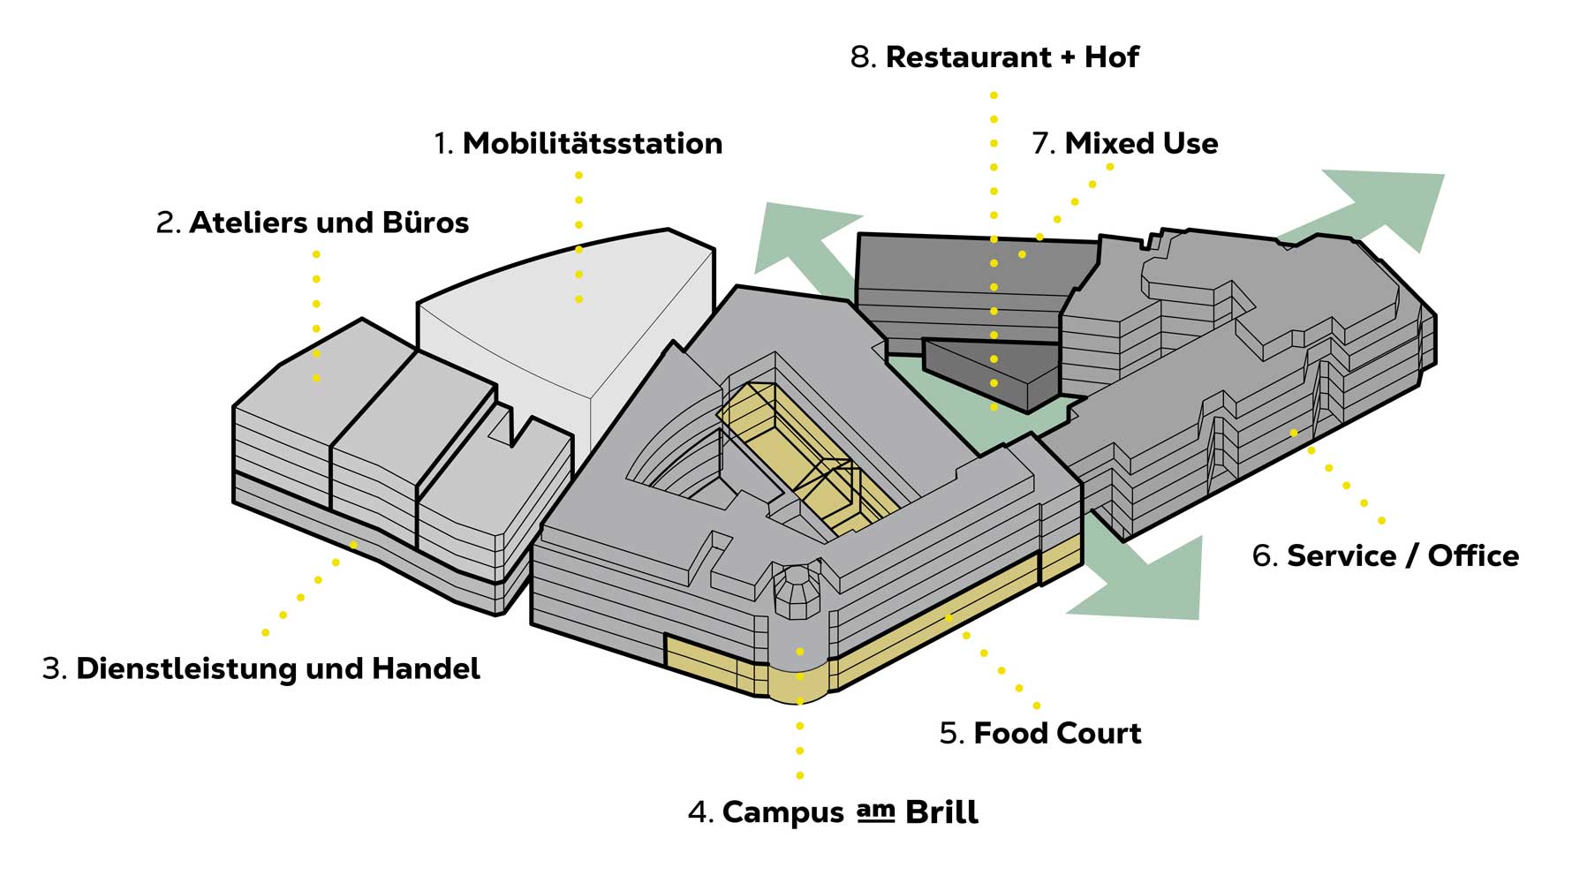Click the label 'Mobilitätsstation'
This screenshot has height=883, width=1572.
(x=592, y=143)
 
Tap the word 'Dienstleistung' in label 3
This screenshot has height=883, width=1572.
(x=185, y=668)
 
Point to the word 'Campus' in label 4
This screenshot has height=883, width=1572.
(x=782, y=812)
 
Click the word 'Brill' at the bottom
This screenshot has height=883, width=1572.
(x=941, y=812)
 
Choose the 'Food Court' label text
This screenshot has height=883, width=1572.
(x=1056, y=733)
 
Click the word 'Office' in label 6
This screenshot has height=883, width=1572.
(x=1473, y=556)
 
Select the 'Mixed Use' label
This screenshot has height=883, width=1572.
(x=1140, y=143)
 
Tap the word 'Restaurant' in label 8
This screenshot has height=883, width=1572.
(x=968, y=57)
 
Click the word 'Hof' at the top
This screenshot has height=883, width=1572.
(x=1111, y=57)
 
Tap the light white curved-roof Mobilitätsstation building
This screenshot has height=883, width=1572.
(x=565, y=327)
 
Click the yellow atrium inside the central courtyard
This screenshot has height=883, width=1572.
(x=804, y=450)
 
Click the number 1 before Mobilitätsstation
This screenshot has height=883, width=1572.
(x=442, y=144)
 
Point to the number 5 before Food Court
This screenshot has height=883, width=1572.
(x=950, y=734)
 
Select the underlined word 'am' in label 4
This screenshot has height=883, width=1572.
(x=875, y=811)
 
